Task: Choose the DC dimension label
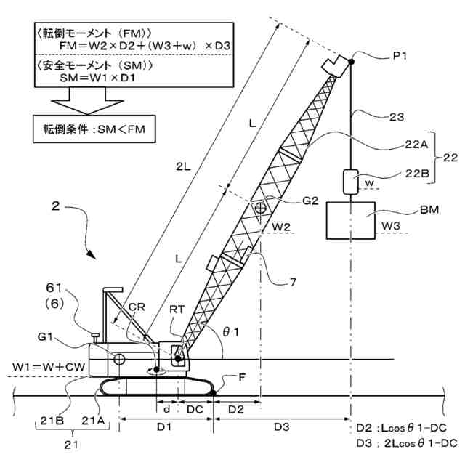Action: coord(195,410)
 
